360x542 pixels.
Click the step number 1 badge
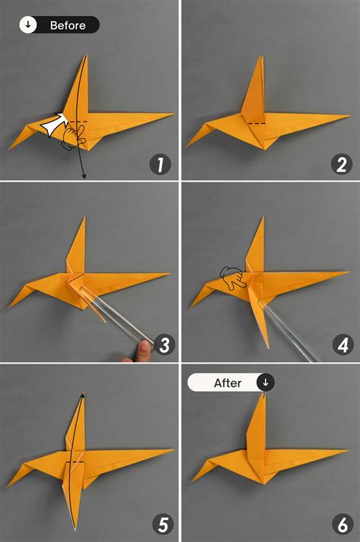click(x=161, y=164)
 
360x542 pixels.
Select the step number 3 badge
click(x=161, y=345)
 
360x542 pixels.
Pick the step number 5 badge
click(x=161, y=524)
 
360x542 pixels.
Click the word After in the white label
click(x=227, y=383)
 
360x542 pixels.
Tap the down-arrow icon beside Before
click(x=29, y=25)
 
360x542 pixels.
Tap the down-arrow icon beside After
click(x=265, y=383)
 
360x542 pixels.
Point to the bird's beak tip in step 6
click(x=191, y=480)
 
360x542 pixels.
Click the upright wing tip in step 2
click(x=261, y=58)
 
